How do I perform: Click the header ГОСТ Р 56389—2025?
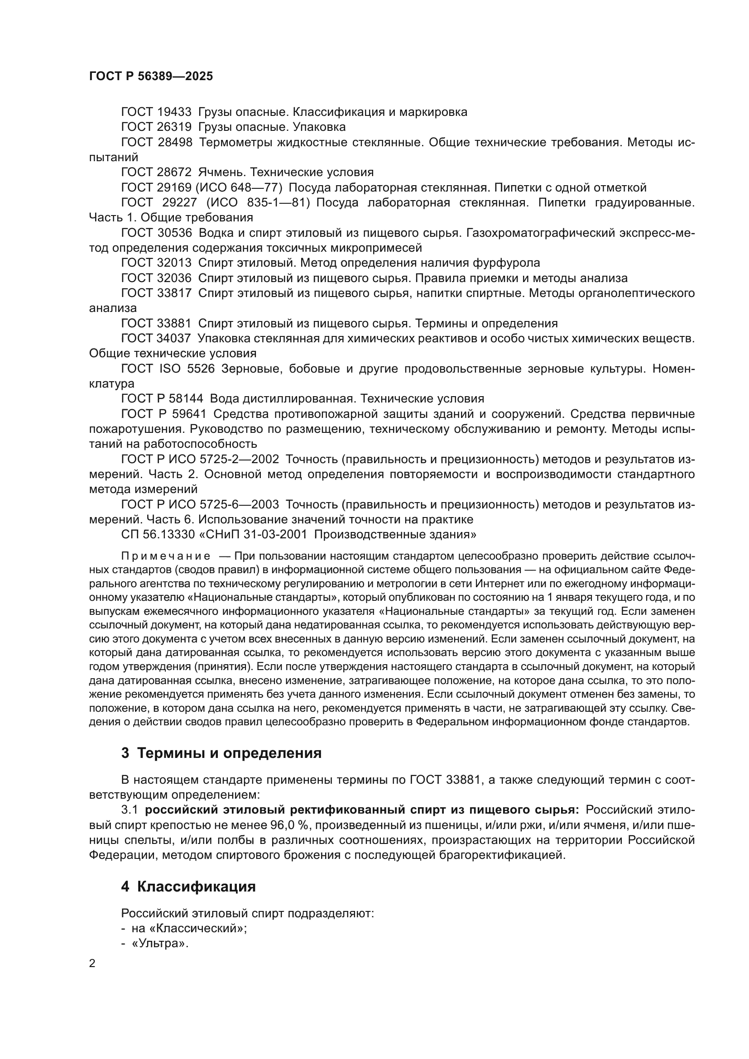[x=151, y=77]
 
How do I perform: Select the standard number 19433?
[x=174, y=112]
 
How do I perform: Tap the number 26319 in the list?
[x=174, y=127]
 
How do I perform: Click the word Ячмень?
[x=217, y=173]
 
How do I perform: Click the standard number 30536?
[x=174, y=233]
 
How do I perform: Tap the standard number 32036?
[x=174, y=278]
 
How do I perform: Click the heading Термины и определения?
[x=229, y=753]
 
